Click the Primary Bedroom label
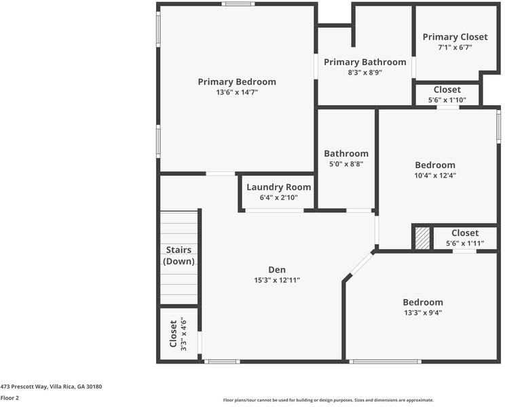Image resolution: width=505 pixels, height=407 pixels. pos(237,82)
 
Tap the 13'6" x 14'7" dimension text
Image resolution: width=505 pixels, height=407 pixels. pos(237,92)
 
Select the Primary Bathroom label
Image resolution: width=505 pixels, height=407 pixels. pos(364,62)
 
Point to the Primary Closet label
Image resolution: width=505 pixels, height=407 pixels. pos(455,37)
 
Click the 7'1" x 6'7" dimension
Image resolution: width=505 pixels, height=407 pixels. pos(455,47)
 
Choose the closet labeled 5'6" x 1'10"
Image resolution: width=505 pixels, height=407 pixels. pos(447,94)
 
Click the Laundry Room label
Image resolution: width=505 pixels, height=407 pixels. pos(278,187)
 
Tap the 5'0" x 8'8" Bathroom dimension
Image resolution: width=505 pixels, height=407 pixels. pos(346,163)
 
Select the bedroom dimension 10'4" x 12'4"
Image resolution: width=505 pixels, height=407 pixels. pos(435,175)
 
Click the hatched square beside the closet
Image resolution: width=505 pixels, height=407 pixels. pos(422,238)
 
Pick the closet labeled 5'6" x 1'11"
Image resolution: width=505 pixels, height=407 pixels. pos(465,237)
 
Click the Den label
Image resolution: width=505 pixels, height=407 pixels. pos(277,270)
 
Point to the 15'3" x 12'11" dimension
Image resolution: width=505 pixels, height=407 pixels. pos(277,280)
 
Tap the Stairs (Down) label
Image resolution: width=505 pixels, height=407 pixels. pos(179,256)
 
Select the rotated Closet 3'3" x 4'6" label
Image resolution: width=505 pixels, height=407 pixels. pos(177,334)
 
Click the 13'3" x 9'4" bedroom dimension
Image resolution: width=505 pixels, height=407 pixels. pos(423,313)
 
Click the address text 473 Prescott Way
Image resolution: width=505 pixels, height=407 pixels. pos(51,387)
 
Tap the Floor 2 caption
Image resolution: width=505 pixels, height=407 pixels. pos(10,398)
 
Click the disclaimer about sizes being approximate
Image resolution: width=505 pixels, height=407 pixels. pos(329,400)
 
